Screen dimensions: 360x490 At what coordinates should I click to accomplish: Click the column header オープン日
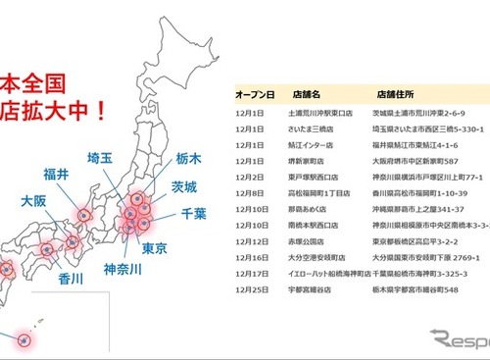tap(254, 95)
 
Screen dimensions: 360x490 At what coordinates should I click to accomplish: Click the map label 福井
tap(56, 176)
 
